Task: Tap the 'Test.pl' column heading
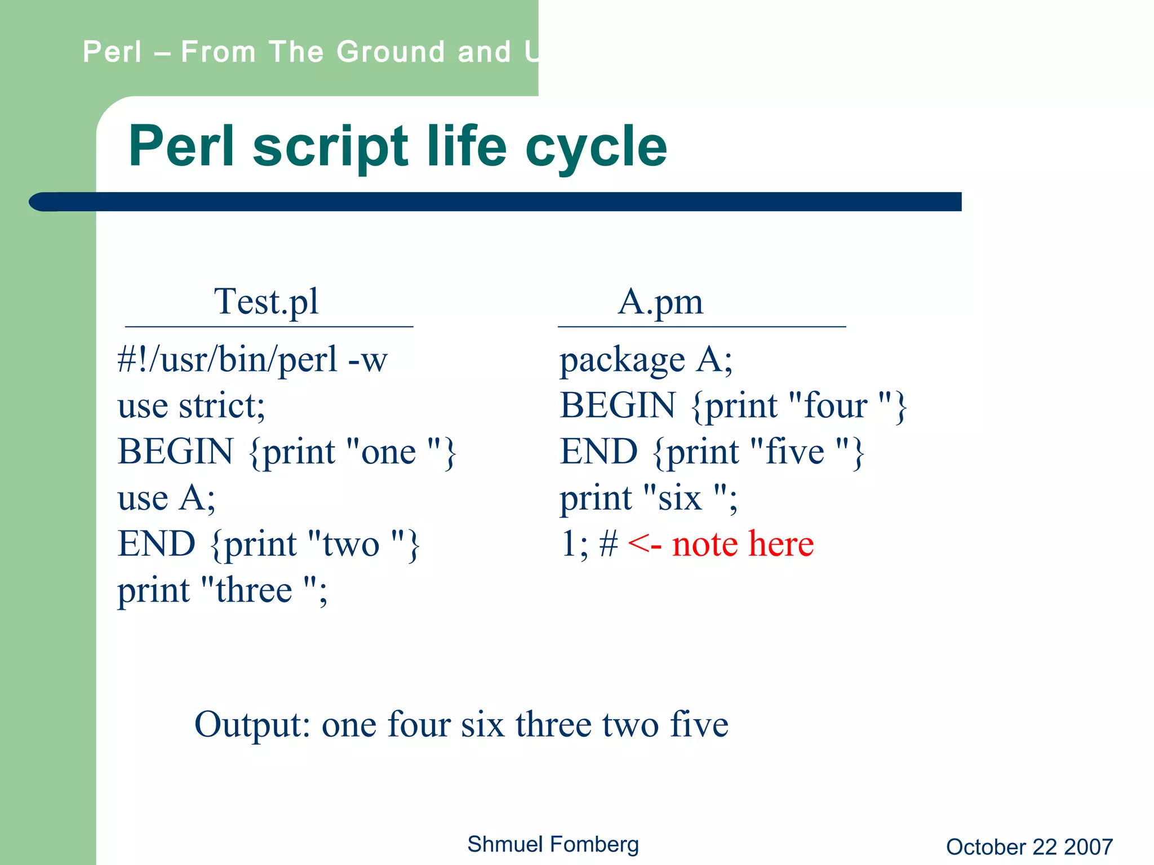click(x=266, y=302)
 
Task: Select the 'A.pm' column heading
click(x=660, y=302)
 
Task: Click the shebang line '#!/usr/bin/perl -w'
click(x=252, y=360)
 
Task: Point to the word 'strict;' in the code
click(x=221, y=406)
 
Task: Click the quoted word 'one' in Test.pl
click(x=388, y=453)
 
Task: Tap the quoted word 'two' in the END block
click(x=350, y=545)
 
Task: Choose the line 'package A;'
click(x=645, y=360)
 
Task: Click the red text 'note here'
click(x=743, y=545)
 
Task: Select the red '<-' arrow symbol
click(x=644, y=545)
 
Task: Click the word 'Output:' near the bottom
click(x=252, y=725)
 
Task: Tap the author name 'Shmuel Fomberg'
click(x=553, y=845)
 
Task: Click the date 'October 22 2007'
click(x=1029, y=847)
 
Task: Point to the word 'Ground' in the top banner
click(x=390, y=52)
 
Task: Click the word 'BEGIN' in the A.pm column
click(x=618, y=406)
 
